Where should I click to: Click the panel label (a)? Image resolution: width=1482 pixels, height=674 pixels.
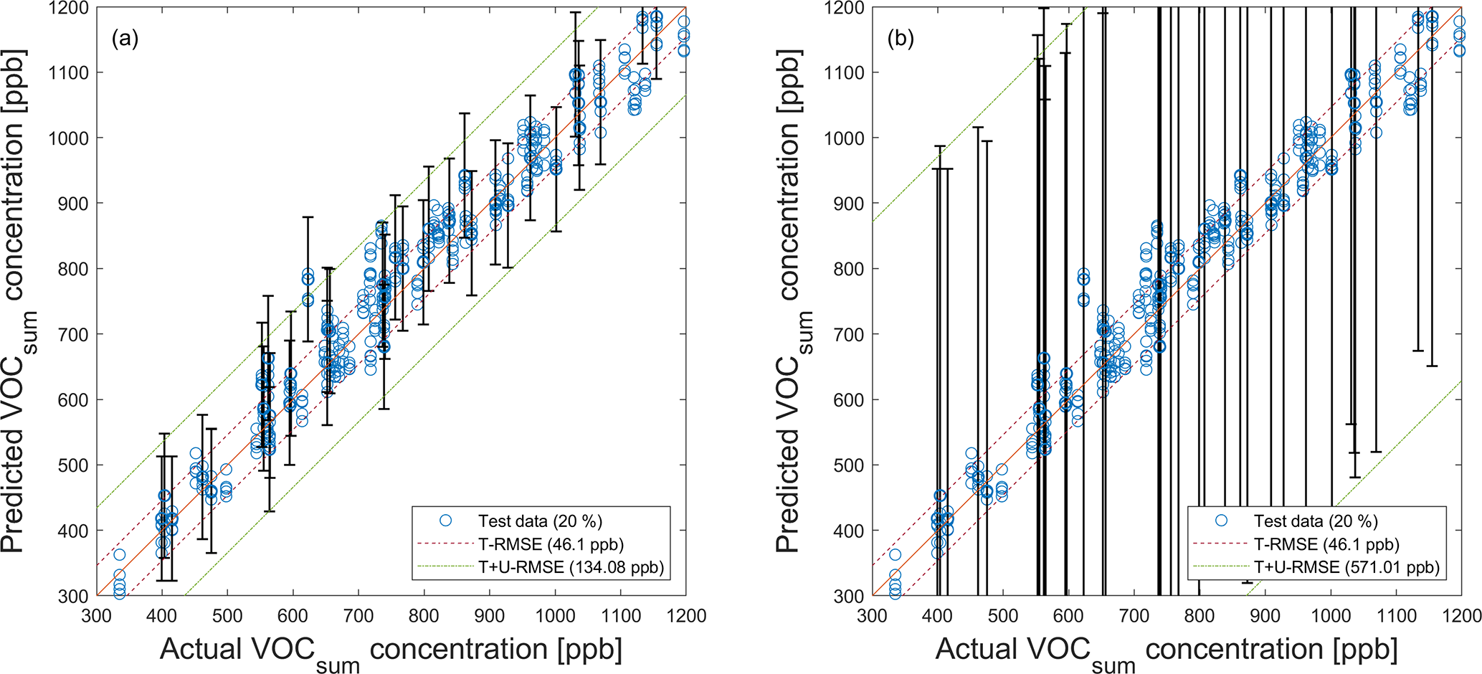coord(125,39)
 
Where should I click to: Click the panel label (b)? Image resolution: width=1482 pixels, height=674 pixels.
coord(901,39)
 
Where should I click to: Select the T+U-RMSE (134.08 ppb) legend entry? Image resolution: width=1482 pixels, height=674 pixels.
coord(571,568)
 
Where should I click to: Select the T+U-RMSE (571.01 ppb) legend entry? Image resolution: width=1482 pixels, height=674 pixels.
coord(1346,568)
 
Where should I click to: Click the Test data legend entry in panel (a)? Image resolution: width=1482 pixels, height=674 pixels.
coord(540,521)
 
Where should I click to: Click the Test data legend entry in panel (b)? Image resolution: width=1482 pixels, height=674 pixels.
coord(1316,521)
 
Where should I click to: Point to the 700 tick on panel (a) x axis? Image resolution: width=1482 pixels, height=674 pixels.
coord(358,615)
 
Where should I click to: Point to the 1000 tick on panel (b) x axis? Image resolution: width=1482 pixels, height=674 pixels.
coord(1331,615)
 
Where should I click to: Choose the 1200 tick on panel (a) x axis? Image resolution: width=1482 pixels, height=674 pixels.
coord(686,615)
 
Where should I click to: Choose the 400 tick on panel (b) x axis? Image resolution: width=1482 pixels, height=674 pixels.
coord(938,615)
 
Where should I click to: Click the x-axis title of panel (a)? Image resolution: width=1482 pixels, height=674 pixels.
coord(391,651)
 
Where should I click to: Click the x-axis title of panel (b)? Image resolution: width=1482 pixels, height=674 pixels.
coord(1167,651)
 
